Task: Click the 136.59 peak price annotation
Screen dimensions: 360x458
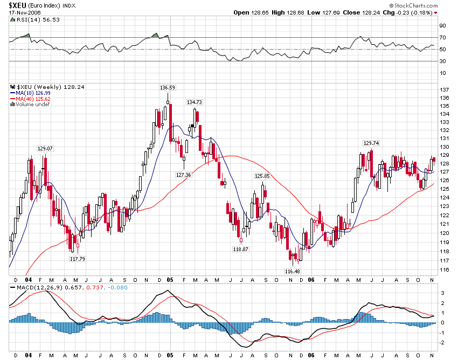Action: point(167,87)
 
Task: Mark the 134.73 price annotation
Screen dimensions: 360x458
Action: point(194,102)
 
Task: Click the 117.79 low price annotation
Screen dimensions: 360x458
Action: point(78,259)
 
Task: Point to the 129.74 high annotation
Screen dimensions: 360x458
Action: point(371,143)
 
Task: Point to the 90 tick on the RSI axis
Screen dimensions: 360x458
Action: point(443,25)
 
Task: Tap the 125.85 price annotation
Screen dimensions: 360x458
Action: point(262,176)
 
